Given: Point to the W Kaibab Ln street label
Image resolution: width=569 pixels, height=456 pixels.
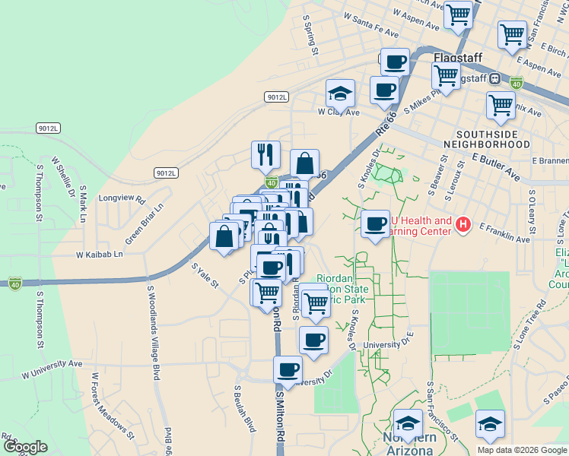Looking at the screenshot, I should coord(99,255).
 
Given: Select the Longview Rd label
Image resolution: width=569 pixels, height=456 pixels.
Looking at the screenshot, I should coord(122,198).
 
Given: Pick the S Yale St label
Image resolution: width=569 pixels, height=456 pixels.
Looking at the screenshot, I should coord(205,276).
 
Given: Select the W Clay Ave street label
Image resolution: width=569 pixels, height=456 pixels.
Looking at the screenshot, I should coord(338,112).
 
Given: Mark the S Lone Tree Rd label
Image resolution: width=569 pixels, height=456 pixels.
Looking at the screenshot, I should coord(529,324).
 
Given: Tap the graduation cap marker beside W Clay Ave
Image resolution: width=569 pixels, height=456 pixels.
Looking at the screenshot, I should coord(341,94).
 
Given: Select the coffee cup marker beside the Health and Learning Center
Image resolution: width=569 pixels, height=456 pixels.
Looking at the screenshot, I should coord(375,224).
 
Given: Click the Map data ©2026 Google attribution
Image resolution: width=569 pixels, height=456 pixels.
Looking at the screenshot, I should coord(521,450).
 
